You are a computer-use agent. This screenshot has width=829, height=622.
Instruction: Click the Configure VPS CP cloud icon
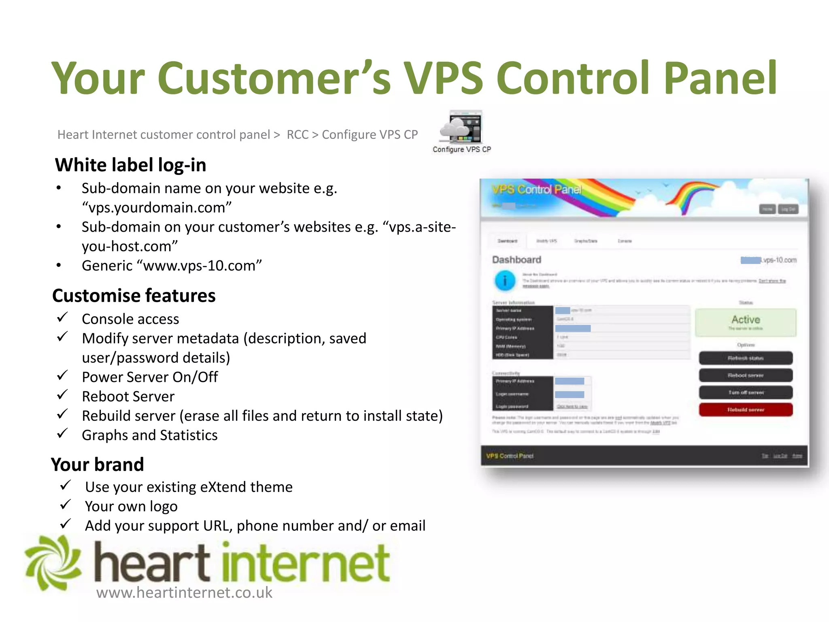pyautogui.click(x=461, y=127)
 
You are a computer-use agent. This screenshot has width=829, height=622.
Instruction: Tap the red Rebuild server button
pyautogui.click(x=745, y=409)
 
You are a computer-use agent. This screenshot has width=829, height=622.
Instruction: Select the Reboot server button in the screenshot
pyautogui.click(x=745, y=375)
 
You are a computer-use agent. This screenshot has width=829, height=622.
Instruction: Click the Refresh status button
pyautogui.click(x=745, y=358)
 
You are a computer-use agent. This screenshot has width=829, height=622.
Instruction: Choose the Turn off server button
pyautogui.click(x=745, y=392)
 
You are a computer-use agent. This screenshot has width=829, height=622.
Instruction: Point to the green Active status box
pyautogui.click(x=745, y=322)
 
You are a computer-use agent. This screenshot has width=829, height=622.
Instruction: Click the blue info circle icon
pyautogui.click(x=505, y=280)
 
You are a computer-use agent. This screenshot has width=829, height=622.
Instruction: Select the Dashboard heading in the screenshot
pyautogui.click(x=517, y=260)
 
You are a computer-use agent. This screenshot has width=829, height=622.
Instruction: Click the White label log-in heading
pyautogui.click(x=130, y=165)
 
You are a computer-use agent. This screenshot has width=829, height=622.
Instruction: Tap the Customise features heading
pyautogui.click(x=134, y=296)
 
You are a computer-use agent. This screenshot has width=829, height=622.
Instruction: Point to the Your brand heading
pyautogui.click(x=97, y=464)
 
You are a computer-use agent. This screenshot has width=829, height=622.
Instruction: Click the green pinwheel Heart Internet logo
pyautogui.click(x=53, y=563)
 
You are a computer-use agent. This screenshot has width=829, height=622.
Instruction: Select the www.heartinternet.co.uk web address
pyautogui.click(x=184, y=592)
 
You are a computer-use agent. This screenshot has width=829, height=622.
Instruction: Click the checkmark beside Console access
pyautogui.click(x=62, y=317)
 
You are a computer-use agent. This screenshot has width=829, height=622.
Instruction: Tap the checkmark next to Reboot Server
pyautogui.click(x=62, y=394)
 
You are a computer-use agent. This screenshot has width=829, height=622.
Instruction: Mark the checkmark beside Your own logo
pyautogui.click(x=65, y=505)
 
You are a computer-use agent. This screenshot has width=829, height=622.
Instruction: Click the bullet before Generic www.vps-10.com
pyautogui.click(x=59, y=266)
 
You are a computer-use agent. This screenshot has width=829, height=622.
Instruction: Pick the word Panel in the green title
pyautogui.click(x=720, y=78)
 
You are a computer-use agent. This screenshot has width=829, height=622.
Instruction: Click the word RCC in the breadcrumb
pyautogui.click(x=298, y=134)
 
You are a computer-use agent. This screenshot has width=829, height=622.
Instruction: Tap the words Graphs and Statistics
pyautogui.click(x=149, y=435)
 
